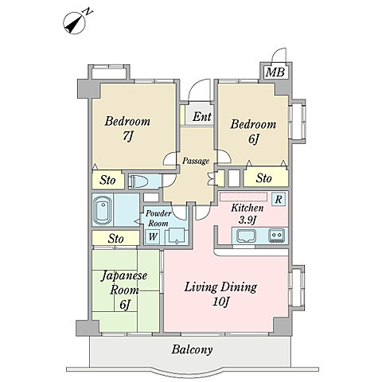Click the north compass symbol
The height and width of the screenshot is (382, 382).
(75, 23)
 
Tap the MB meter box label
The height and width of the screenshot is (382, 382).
(275, 72)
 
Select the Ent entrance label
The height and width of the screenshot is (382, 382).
(202, 117)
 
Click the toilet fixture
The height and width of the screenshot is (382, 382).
(138, 181)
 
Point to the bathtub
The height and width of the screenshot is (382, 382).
(103, 210)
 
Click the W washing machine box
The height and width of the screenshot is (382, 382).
(153, 236)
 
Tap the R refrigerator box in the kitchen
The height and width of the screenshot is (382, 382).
(279, 199)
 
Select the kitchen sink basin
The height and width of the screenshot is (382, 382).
(246, 236)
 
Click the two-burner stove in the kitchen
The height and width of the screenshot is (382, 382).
(277, 236)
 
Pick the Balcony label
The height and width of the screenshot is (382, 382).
(192, 349)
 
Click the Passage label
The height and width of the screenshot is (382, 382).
(196, 161)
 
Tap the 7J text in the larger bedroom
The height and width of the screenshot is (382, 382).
(128, 136)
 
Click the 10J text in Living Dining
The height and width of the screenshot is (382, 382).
(220, 302)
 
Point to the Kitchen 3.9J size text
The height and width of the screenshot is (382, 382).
(248, 220)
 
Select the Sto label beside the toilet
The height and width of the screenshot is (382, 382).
(107, 181)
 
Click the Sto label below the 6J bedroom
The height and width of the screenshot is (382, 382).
(263, 178)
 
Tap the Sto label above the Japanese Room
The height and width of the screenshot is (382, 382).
(115, 239)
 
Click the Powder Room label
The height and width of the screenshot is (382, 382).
(158, 218)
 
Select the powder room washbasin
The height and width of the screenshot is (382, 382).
(175, 236)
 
